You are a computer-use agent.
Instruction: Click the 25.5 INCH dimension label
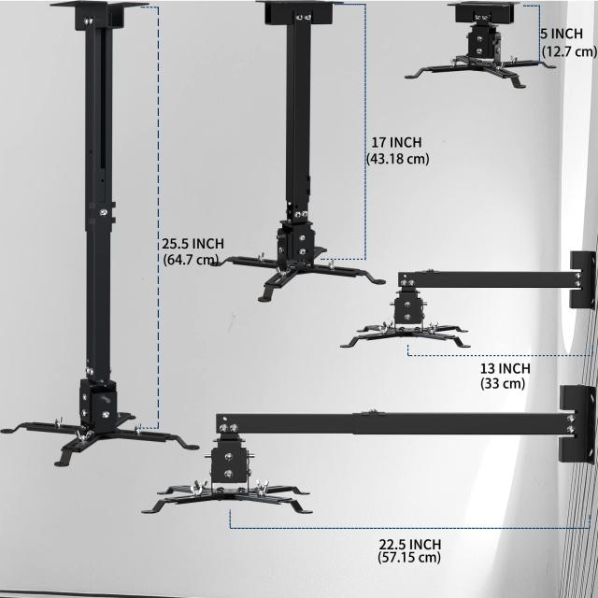pyautogui.click(x=192, y=243)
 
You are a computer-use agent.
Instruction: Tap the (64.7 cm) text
pyautogui.click(x=191, y=260)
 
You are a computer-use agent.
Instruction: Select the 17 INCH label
pyautogui.click(x=396, y=142)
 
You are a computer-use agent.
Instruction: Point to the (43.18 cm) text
pyautogui.click(x=398, y=158)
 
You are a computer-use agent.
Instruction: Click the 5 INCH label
pyautogui.click(x=562, y=34)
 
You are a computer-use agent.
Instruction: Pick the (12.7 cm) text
pyautogui.click(x=569, y=50)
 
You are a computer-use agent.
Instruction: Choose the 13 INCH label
pyautogui.click(x=505, y=368)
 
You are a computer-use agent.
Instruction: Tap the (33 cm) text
pyautogui.click(x=503, y=383)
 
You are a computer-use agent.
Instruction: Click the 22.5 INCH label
pyautogui.click(x=409, y=544)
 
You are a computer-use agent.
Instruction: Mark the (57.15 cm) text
pyautogui.click(x=409, y=557)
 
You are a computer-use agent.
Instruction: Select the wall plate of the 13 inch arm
pyautogui.click(x=582, y=280)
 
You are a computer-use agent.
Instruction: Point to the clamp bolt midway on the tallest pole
pyautogui.click(x=103, y=212)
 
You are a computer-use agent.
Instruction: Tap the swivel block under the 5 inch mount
pyautogui.click(x=482, y=44)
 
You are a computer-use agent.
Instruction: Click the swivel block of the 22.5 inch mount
pyautogui.click(x=228, y=463)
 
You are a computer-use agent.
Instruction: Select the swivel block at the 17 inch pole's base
pyautogui.click(x=297, y=243)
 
